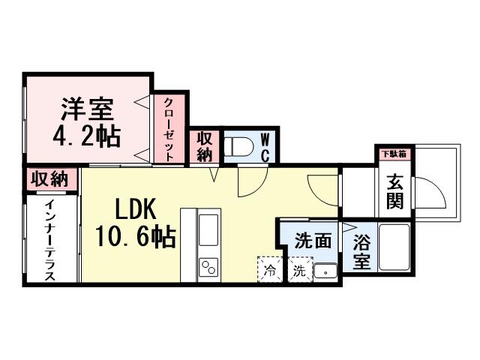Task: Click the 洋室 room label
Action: tap(87, 109)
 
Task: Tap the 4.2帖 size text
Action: tap(88, 137)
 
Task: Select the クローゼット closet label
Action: tap(169, 130)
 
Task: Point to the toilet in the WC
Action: tap(239, 148)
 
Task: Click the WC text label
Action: tap(265, 148)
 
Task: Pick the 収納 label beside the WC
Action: tap(205, 147)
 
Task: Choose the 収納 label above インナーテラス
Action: tap(51, 180)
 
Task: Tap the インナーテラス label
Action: tap(49, 240)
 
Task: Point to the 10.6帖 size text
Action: tap(135, 238)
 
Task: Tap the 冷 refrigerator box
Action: tap(269, 269)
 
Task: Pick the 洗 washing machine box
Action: tap(299, 269)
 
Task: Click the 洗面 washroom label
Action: tap(313, 241)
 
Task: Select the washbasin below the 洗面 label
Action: tap(325, 271)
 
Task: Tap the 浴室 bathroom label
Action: tap(362, 253)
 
